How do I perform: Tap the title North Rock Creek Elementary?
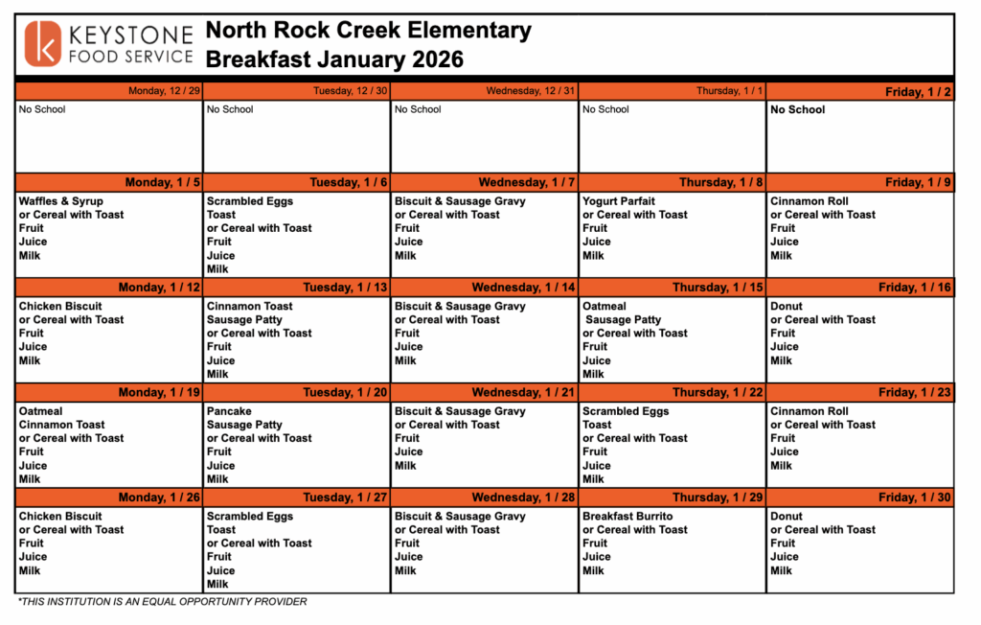pyautogui.click(x=368, y=31)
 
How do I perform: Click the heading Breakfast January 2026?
pyautogui.click(x=334, y=59)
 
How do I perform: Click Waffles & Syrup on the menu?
pyautogui.click(x=61, y=201)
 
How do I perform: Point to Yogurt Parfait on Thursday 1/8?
pyautogui.click(x=619, y=201)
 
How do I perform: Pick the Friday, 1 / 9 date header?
pyautogui.click(x=918, y=182)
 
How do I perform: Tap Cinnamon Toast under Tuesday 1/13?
pyautogui.click(x=250, y=306)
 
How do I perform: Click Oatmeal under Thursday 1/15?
pyautogui.click(x=605, y=306)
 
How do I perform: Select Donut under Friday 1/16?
pyautogui.click(x=787, y=306)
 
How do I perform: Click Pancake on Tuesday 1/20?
pyautogui.click(x=229, y=411)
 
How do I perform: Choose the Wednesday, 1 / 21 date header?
pyautogui.click(x=526, y=392)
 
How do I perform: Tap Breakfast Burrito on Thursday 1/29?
pyautogui.click(x=627, y=516)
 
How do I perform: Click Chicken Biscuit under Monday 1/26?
pyautogui.click(x=60, y=516)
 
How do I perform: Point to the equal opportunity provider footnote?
pyautogui.click(x=162, y=602)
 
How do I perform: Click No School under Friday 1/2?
pyautogui.click(x=798, y=109)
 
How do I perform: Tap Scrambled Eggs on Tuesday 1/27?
pyautogui.click(x=250, y=516)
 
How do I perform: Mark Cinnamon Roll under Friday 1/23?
pyautogui.click(x=810, y=411)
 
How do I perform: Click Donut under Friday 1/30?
pyautogui.click(x=787, y=516)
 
